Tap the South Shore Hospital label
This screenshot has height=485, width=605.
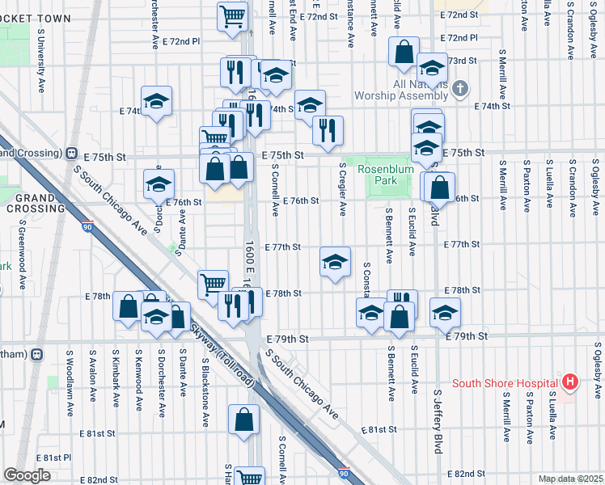pyautogui.click(x=506, y=383)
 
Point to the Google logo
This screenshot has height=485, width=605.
pyautogui.click(x=27, y=475)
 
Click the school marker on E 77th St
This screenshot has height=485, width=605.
pyautogui.click(x=335, y=263)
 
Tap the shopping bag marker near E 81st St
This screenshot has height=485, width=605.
pyautogui.click(x=243, y=420)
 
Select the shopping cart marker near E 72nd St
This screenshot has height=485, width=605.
pyautogui.click(x=233, y=15)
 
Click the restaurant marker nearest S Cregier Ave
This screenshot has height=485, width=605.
pyautogui.click(x=328, y=130)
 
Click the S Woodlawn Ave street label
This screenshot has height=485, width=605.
pyautogui.click(x=70, y=376)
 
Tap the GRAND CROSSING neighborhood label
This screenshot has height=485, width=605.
pyautogui.click(x=34, y=203)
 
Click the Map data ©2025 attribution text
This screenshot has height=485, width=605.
pyautogui.click(x=569, y=479)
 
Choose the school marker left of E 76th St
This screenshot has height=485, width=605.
pyautogui.click(x=159, y=183)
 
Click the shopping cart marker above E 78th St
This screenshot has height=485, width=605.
pyautogui.click(x=213, y=283)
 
